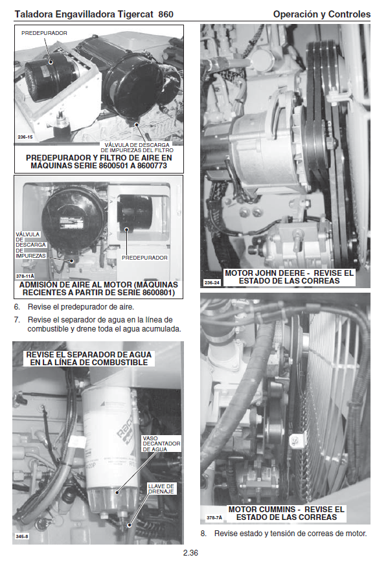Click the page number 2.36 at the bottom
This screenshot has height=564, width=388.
point(190,553)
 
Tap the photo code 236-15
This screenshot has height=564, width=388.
point(25,137)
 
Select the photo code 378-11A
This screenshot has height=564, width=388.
point(25,276)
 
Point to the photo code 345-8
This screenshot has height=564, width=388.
point(22,536)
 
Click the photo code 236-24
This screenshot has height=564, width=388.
point(212,283)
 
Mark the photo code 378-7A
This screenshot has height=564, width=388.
point(214,517)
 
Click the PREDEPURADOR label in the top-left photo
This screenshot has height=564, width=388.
point(44,33)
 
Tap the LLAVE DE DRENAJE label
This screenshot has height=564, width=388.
point(161,488)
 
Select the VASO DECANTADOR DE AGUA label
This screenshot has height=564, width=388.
point(161,444)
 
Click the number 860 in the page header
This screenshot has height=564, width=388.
point(166,14)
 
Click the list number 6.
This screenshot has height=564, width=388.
point(17,307)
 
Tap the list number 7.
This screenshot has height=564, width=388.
point(17,320)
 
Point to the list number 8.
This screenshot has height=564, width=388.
point(204,534)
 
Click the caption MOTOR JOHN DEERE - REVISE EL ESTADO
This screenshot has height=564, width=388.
point(290,277)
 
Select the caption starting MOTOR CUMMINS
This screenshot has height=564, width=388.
point(286,513)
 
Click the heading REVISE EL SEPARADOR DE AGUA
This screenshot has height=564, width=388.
point(89,359)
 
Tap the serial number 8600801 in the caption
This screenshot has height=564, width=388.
point(157,293)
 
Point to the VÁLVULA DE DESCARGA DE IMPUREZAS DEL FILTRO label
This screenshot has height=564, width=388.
point(137,148)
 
